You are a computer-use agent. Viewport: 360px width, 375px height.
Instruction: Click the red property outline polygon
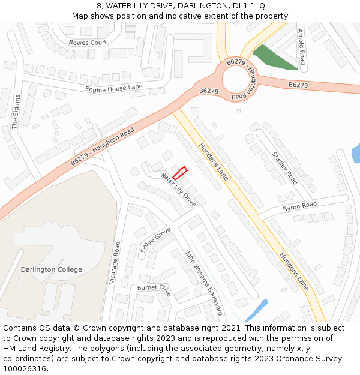point(180,173)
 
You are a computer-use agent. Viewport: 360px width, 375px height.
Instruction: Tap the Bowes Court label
point(88,43)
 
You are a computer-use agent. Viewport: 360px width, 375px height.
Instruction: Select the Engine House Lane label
point(114,88)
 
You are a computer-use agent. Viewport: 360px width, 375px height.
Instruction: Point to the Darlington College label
point(52,269)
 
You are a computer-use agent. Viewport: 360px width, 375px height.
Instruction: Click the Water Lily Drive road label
point(178,190)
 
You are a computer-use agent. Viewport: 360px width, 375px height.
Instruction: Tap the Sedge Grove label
point(155,239)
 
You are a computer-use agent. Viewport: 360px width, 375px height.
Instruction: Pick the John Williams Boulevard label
point(203,283)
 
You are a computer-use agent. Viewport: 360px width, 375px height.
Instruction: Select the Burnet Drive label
point(154,290)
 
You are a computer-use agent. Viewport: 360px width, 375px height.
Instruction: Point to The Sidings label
point(16,111)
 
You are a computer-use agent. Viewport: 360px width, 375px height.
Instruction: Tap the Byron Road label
point(299,206)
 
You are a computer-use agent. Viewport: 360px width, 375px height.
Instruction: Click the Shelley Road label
point(284,167)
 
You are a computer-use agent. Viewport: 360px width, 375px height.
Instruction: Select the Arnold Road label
point(301,47)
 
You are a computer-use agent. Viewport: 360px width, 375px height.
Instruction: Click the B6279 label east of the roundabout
point(298,85)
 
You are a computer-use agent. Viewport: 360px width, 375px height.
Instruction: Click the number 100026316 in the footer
point(25,368)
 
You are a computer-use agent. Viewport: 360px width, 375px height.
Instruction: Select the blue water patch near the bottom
point(256,311)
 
